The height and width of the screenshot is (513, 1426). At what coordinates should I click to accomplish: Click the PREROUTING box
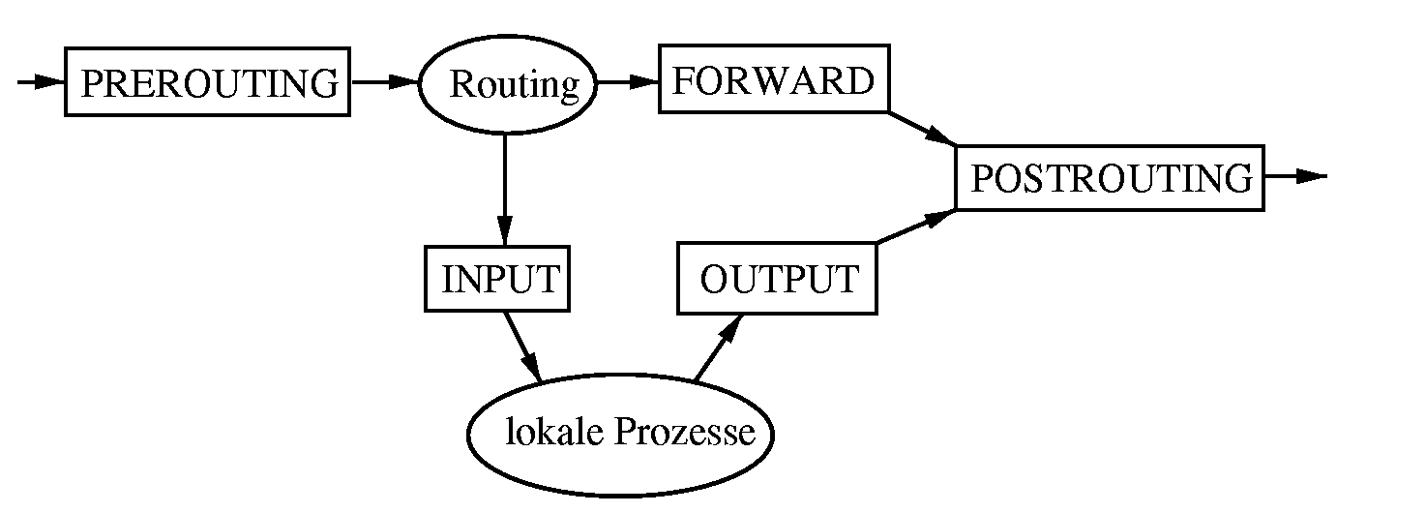pos(207,83)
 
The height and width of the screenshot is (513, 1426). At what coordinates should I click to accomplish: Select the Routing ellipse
pos(507,85)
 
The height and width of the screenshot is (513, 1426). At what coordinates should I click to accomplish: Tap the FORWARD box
pos(773,81)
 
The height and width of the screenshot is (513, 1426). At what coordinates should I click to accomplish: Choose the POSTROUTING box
pos(1110,178)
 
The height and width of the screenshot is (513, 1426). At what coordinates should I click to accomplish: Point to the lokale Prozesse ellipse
pos(621,433)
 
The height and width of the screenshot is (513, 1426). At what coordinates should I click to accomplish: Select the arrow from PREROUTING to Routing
pos(384,83)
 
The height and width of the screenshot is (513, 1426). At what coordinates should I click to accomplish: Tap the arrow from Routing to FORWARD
pos(627,83)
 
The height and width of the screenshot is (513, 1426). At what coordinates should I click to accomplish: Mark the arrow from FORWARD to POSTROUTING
pos(922,128)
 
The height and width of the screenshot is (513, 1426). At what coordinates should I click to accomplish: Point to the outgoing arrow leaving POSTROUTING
pos(1296,176)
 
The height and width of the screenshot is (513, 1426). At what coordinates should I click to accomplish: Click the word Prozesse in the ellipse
pos(685,432)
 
